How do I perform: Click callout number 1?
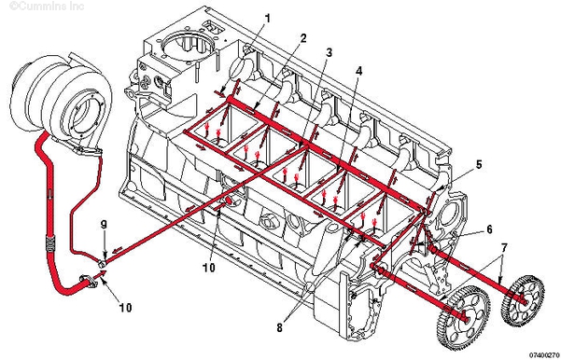[x=267, y=18]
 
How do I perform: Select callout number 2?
[x=303, y=38]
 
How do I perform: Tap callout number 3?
[x=329, y=53]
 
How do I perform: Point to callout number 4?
[x=358, y=71]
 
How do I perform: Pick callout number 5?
[x=479, y=164]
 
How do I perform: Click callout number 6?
[x=489, y=229]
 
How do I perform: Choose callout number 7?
[x=504, y=248]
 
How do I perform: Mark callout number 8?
[x=279, y=327]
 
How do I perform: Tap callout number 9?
[x=104, y=225]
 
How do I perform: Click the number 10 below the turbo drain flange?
[x=125, y=308]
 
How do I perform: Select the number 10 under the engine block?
[x=209, y=267]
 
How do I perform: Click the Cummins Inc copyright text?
[x=47, y=7]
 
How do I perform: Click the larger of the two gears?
[x=463, y=317]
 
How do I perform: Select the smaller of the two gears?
[x=524, y=300]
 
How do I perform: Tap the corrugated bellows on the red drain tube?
[x=50, y=243]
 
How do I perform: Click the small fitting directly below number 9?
[x=103, y=264]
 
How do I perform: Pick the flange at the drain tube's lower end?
[x=89, y=280]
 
